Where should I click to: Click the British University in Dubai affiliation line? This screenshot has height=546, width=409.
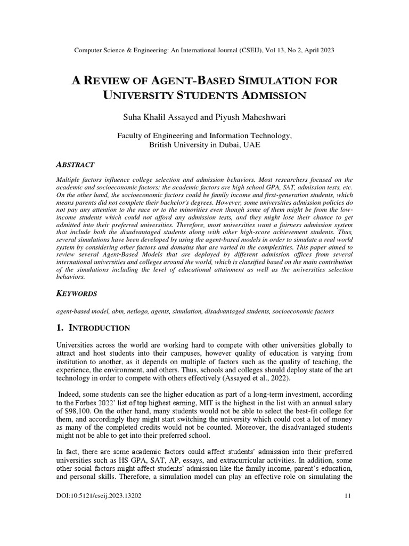[204, 145]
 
